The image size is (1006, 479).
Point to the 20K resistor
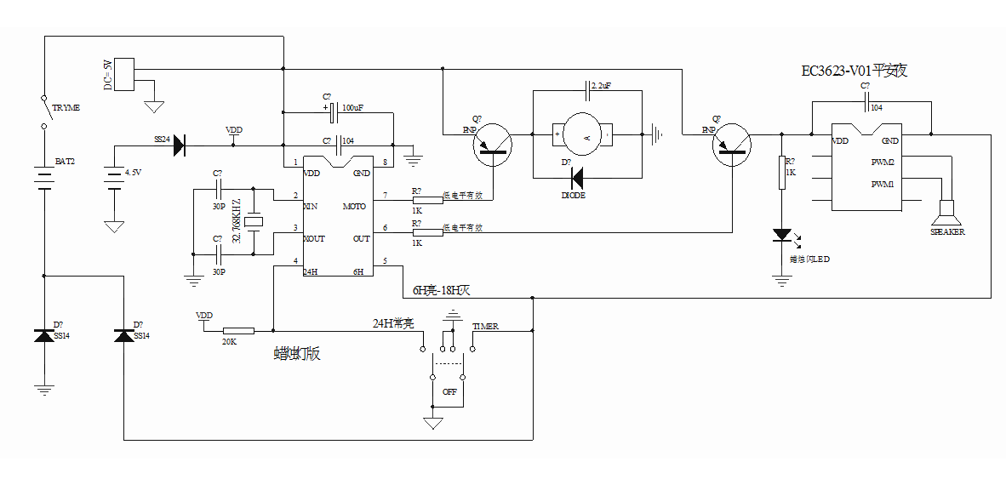[238, 330]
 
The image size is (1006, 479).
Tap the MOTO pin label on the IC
[354, 207]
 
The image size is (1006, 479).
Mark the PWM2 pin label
[883, 162]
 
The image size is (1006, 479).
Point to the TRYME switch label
[66, 108]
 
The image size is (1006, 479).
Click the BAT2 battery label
[65, 162]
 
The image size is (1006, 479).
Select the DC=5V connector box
[124, 74]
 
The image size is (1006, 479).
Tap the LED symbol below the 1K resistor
[781, 236]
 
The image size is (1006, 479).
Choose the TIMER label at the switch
[486, 327]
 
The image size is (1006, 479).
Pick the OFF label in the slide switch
[449, 392]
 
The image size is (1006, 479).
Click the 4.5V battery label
[133, 173]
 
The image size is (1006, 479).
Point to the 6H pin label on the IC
[358, 271]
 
